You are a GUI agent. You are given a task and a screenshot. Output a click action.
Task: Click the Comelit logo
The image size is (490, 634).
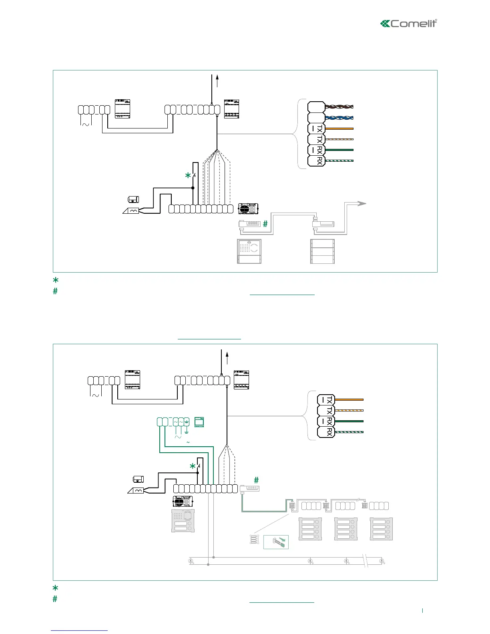pyautogui.click(x=408, y=24)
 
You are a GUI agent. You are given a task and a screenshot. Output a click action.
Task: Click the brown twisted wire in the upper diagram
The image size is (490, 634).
pyautogui.click(x=339, y=107)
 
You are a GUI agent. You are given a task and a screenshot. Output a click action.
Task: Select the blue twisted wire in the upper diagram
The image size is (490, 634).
pyautogui.click(x=339, y=118)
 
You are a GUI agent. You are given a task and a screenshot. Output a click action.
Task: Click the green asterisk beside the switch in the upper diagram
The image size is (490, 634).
pyautogui.click(x=187, y=176)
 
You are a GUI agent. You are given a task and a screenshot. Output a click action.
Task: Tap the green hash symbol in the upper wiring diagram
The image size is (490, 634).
pyautogui.click(x=265, y=224)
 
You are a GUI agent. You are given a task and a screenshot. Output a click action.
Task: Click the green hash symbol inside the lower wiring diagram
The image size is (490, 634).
pyautogui.click(x=256, y=480)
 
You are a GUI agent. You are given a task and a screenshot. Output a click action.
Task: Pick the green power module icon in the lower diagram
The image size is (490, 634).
pyautogui.click(x=199, y=422)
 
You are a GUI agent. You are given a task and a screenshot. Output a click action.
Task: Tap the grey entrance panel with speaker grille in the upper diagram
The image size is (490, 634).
pyautogui.click(x=249, y=251)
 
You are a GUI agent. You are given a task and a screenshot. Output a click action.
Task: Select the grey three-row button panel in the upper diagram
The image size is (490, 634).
pyautogui.click(x=322, y=251)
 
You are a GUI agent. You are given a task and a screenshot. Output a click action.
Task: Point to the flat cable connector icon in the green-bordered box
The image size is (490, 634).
pyautogui.click(x=276, y=542)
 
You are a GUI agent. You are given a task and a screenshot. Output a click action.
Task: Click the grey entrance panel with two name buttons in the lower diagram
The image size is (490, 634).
pyautogui.click(x=183, y=521)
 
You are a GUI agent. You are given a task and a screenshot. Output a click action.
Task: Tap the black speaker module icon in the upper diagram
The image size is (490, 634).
pyautogui.click(x=248, y=209)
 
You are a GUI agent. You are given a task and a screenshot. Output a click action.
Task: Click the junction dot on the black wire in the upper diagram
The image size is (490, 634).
pyautogui.click(x=193, y=188)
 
